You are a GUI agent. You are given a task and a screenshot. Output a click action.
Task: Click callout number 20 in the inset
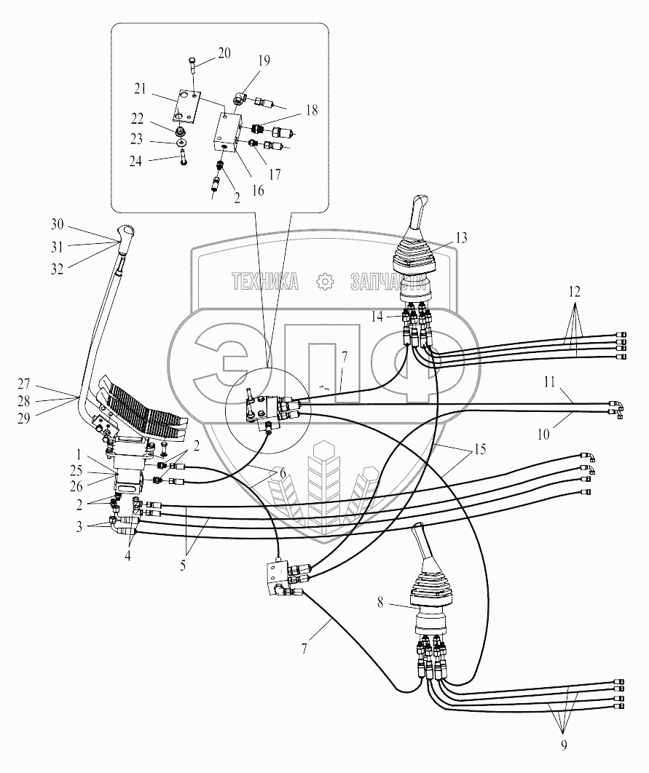point(224,53)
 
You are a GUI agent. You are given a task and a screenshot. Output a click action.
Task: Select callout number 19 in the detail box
point(264,60)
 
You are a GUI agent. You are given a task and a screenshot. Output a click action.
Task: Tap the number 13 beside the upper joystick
point(461,237)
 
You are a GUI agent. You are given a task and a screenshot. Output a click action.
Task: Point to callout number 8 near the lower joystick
point(380,603)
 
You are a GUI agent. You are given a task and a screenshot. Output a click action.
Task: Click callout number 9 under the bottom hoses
point(564,745)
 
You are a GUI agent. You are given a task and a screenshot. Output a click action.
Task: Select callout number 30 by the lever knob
point(58,224)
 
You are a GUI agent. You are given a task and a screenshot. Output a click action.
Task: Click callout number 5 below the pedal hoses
point(183,566)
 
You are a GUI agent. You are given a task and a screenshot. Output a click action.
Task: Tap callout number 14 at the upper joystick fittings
point(377,316)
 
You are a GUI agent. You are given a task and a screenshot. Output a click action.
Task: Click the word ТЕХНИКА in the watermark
point(265,282)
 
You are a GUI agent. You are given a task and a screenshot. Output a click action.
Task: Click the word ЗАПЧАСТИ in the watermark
point(388,282)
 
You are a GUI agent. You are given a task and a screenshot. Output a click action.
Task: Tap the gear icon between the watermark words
point(325,282)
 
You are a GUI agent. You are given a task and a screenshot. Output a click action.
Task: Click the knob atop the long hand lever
point(126,231)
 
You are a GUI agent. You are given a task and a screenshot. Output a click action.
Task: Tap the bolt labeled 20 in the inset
point(192,65)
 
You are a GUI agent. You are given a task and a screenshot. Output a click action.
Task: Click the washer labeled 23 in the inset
point(183,143)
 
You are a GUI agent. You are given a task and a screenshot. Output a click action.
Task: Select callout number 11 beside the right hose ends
point(550,382)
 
